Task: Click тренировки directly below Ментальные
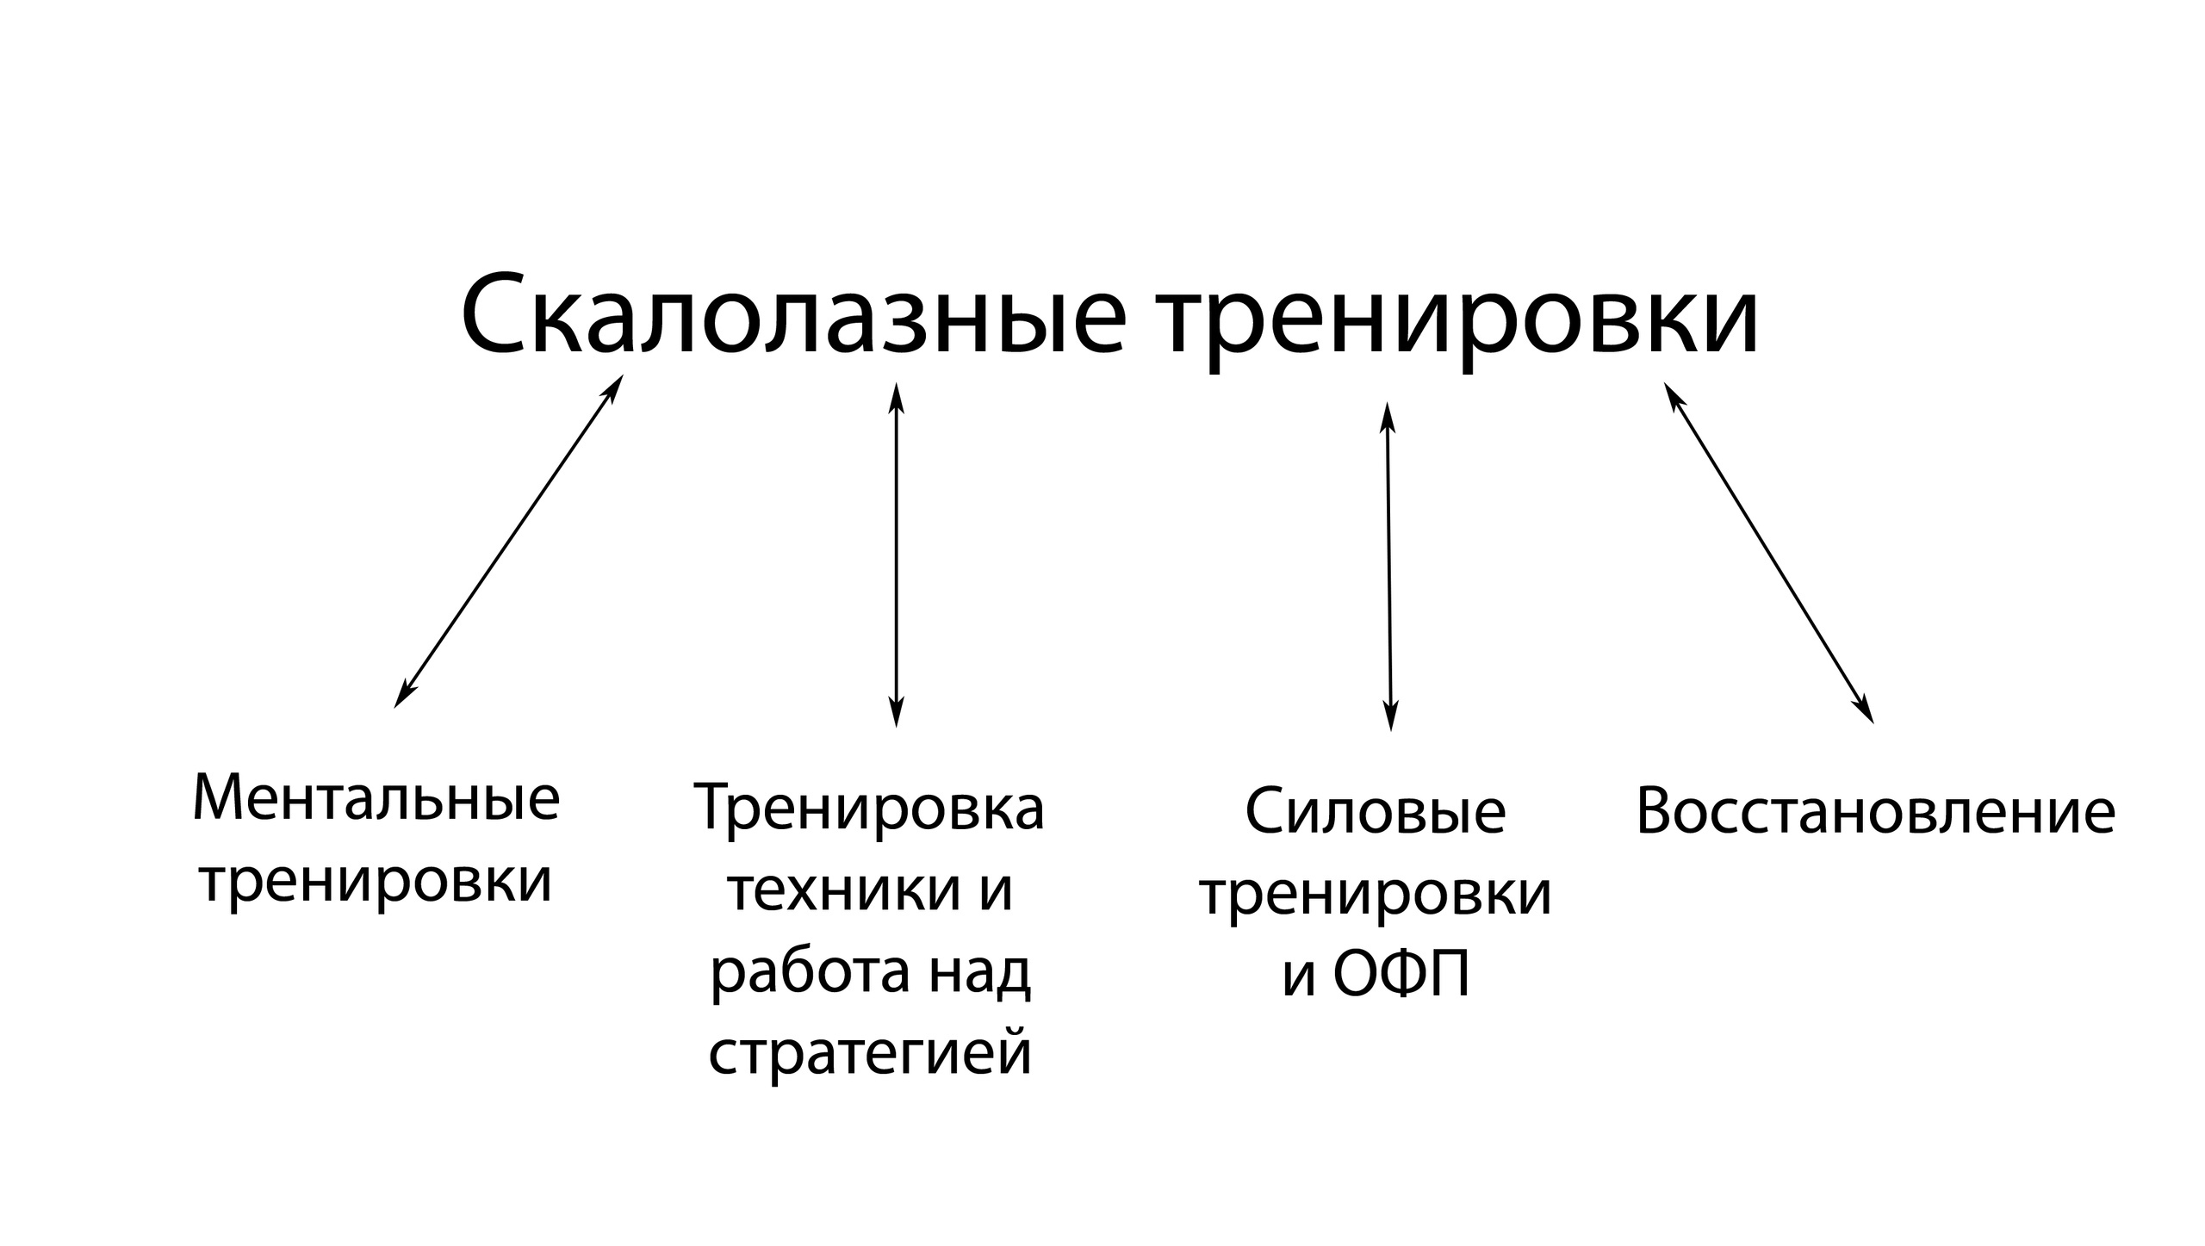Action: (x=376, y=880)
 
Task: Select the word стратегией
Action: (x=870, y=1052)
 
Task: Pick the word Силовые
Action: (x=1376, y=812)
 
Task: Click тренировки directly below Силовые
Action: (x=1376, y=893)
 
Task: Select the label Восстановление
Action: (x=1875, y=812)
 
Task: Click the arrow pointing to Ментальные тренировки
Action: (x=508, y=541)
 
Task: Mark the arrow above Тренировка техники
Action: (x=896, y=555)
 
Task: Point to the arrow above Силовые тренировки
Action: (x=1388, y=567)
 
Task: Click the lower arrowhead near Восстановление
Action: (x=1866, y=711)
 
